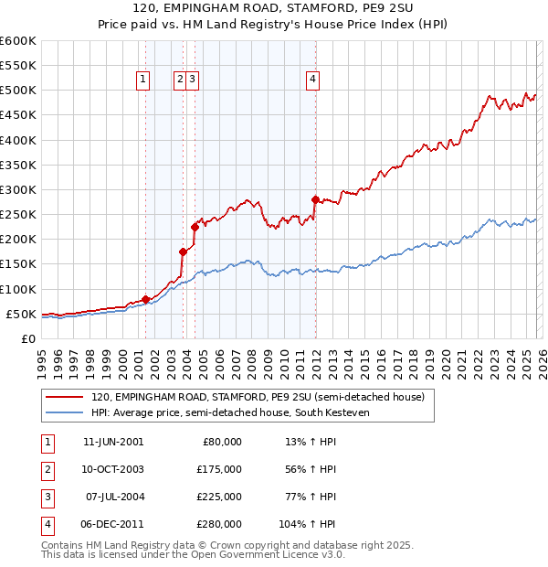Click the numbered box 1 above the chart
(144, 80)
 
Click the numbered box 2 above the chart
(181, 80)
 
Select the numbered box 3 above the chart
(194, 80)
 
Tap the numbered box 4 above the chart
(313, 80)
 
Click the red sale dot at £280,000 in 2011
(315, 199)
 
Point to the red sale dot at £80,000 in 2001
(145, 299)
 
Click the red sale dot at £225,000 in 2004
(195, 227)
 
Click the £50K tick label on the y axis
(21, 314)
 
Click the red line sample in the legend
(64, 398)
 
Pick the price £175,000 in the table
(219, 469)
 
